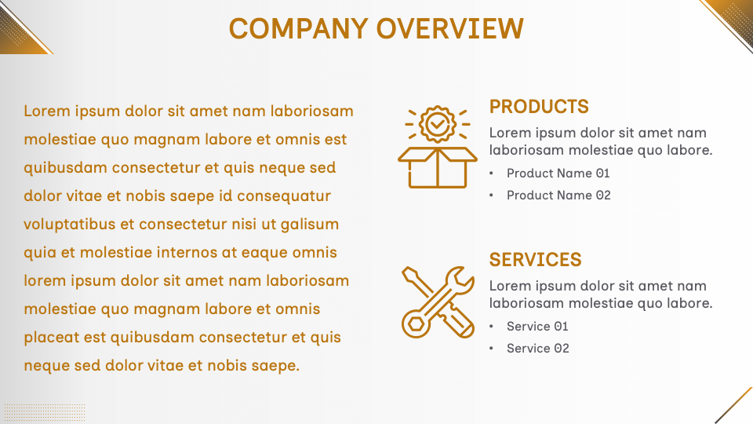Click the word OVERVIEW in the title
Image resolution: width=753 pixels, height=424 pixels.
coord(450,28)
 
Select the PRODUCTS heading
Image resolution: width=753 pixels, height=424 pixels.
coord(539,107)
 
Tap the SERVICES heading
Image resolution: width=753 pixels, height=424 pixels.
coord(536,260)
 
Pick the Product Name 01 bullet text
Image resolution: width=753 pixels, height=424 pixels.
coord(558,174)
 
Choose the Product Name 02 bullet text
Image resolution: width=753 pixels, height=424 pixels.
coord(558,196)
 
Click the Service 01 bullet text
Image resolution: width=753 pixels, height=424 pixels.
coord(537,327)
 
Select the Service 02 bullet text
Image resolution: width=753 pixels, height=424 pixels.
coord(538,349)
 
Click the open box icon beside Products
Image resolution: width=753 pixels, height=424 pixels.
coord(437,166)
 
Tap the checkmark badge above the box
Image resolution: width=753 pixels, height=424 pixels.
coord(437,123)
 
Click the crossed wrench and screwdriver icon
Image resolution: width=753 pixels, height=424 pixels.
coord(437,302)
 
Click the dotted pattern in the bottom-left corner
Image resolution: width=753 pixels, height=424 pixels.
coord(44,413)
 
